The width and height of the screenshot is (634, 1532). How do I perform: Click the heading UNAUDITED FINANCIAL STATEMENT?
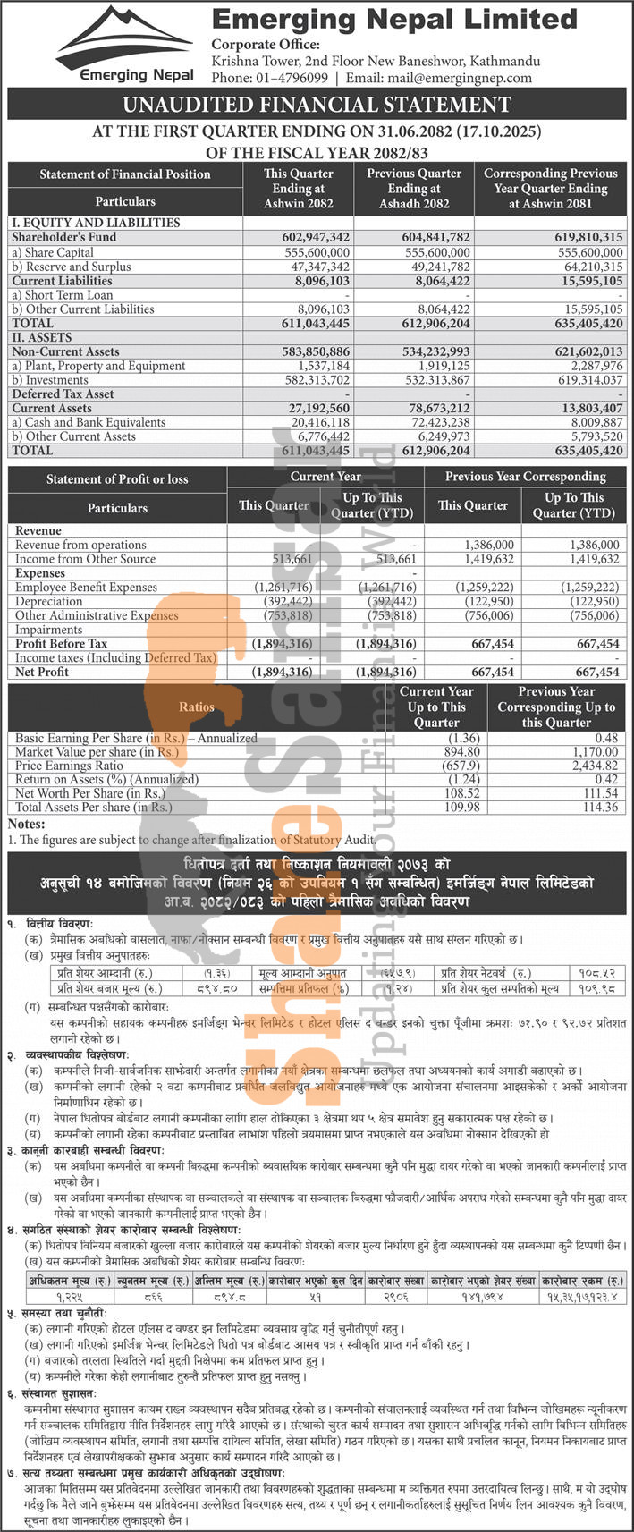[317, 106]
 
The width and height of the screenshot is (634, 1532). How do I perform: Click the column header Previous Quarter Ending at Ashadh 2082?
[414, 188]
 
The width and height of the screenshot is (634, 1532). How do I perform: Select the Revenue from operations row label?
[80, 545]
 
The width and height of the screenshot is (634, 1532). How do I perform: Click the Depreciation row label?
[49, 602]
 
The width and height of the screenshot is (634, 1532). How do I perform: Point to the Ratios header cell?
[197, 707]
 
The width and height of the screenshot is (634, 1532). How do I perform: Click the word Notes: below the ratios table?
[27, 823]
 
